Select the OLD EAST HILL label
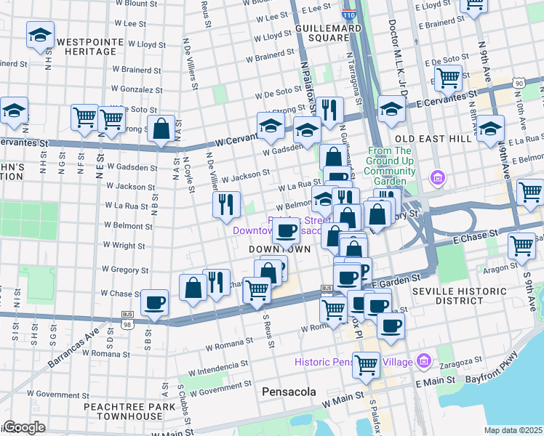pyautogui.click(x=428, y=137)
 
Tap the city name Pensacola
pyautogui.click(x=289, y=392)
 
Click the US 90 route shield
pyautogui.click(x=518, y=84)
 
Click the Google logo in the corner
pyautogui.click(x=23, y=427)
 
